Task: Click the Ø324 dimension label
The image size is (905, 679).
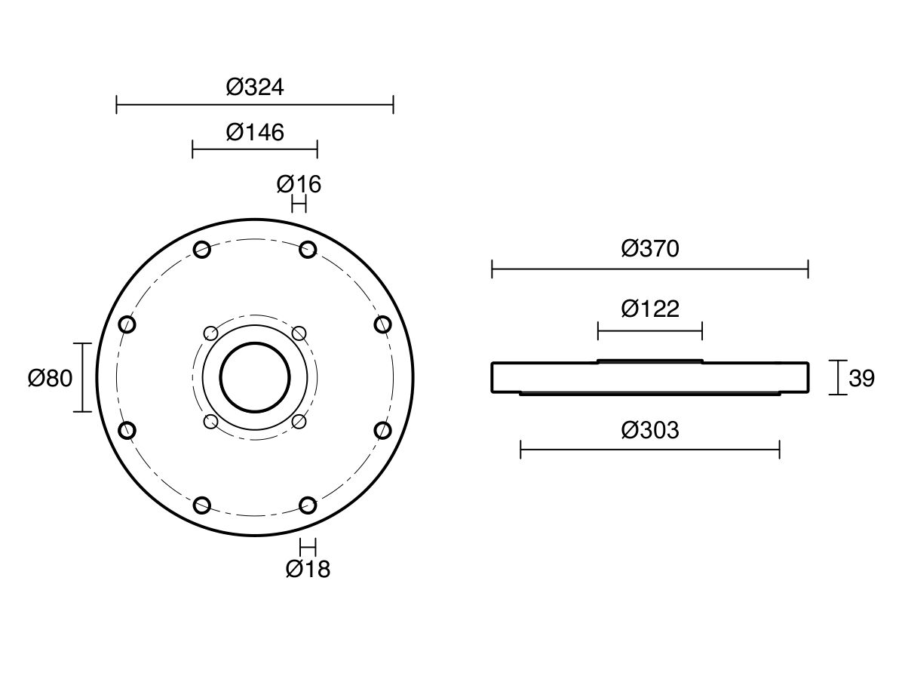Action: click(x=255, y=88)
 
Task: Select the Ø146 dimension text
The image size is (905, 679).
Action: click(x=255, y=133)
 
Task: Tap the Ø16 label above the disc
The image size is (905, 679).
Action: click(x=299, y=183)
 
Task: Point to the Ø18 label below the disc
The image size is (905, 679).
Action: click(x=308, y=569)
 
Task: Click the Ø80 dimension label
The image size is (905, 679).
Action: click(x=50, y=378)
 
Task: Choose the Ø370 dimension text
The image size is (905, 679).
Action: click(x=650, y=248)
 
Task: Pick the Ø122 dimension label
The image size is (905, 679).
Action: click(x=650, y=309)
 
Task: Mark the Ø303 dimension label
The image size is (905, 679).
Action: click(x=650, y=431)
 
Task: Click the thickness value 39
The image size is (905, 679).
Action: click(x=862, y=379)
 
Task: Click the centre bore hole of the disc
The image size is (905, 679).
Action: click(x=255, y=377)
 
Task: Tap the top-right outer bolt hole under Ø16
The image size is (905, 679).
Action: click(x=308, y=250)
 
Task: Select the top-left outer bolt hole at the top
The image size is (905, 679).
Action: click(x=201, y=250)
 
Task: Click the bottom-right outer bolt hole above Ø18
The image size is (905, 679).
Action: click(x=308, y=505)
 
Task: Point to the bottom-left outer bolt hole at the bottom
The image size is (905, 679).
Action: click(x=201, y=505)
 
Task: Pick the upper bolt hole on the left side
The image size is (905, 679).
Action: click(x=127, y=324)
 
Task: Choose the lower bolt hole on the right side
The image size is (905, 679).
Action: click(x=383, y=430)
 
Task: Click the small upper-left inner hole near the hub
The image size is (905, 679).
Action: click(x=211, y=333)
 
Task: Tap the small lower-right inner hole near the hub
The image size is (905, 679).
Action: click(x=299, y=421)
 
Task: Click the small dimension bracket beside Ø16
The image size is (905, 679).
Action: click(x=299, y=204)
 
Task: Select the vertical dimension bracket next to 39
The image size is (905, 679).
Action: click(x=837, y=378)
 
